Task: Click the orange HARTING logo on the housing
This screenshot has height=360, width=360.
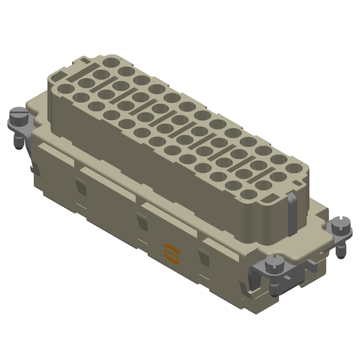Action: tap(171, 253)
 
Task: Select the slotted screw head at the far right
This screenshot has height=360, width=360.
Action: tap(341, 223)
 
